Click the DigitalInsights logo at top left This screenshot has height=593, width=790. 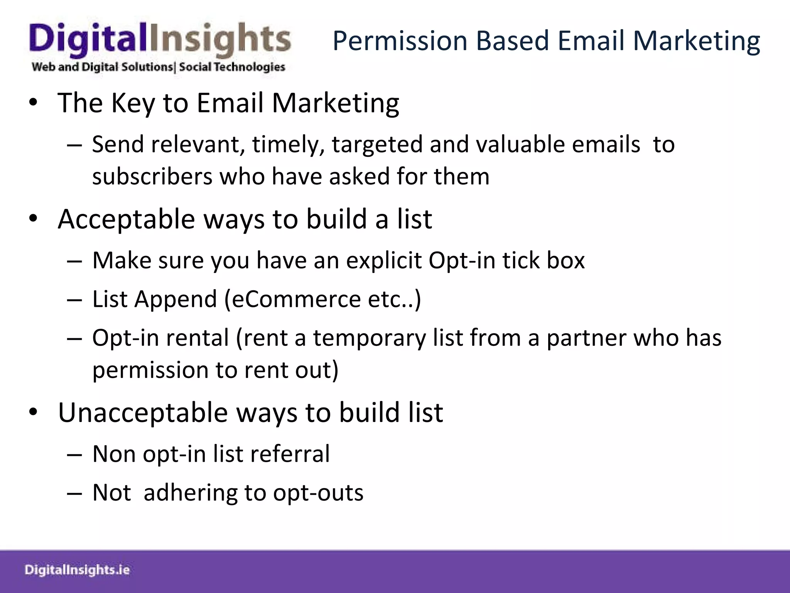160,41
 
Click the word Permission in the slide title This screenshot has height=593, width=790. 400,41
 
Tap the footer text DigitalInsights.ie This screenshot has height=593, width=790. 77,570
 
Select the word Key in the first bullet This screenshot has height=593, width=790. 133,103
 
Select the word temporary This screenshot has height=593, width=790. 369,338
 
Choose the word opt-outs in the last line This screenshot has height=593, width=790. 318,493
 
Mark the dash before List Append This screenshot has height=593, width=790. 74,300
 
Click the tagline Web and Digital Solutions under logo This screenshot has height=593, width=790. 102,67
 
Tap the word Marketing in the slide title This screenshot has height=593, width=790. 697,41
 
